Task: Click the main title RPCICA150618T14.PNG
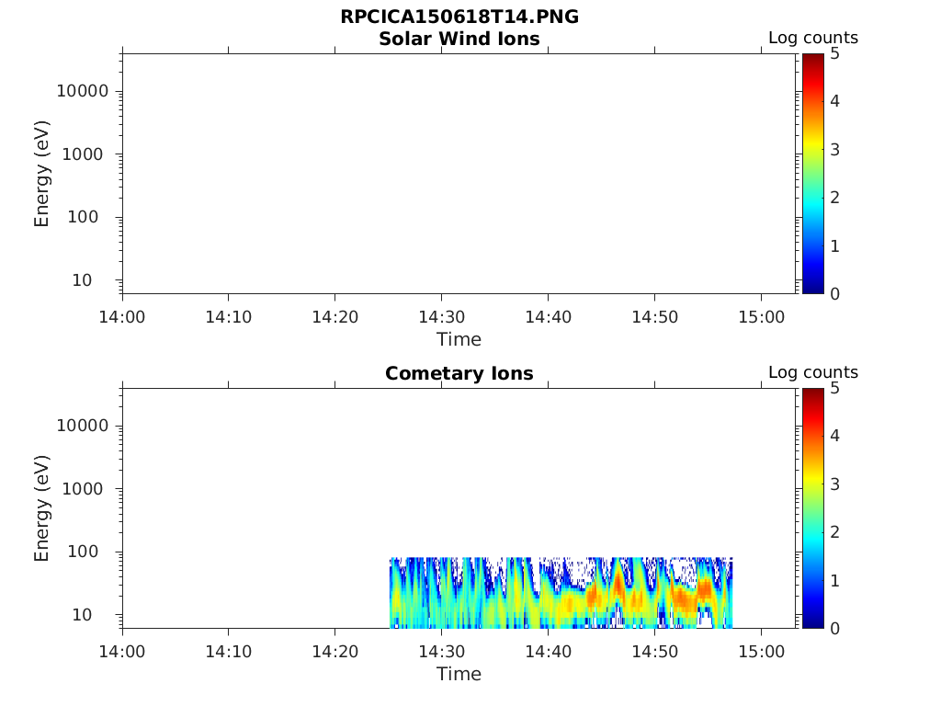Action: click(459, 17)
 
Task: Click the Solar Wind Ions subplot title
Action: click(459, 40)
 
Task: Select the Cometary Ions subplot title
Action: click(459, 374)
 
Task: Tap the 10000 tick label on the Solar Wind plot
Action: click(82, 92)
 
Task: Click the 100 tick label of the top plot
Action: click(91, 218)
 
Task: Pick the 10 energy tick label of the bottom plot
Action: click(96, 615)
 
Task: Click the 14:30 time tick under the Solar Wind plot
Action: click(442, 317)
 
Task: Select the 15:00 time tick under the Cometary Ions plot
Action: click(761, 652)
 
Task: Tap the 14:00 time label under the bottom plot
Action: click(123, 652)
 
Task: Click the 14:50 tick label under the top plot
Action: click(654, 317)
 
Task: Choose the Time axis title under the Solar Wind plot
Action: click(459, 339)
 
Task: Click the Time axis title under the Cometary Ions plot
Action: click(459, 674)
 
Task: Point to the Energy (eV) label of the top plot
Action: click(41, 174)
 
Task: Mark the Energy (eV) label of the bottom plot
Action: click(41, 508)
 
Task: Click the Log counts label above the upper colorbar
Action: click(812, 39)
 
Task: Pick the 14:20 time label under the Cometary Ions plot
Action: click(335, 652)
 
